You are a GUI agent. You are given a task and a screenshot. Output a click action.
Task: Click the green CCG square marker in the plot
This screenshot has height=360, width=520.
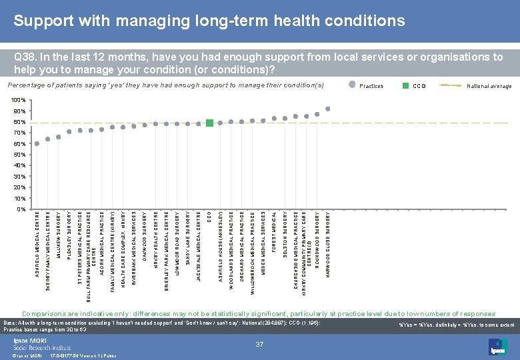[x=209, y=123]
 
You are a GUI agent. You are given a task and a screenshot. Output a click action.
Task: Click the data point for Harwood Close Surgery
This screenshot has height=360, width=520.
[x=327, y=109]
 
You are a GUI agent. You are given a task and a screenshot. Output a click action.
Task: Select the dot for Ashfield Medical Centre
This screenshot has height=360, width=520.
[x=37, y=143]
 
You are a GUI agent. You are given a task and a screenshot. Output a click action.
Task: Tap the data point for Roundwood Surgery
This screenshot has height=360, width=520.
[x=317, y=114]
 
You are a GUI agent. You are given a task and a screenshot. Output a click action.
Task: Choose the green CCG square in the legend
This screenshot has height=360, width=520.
[x=405, y=86]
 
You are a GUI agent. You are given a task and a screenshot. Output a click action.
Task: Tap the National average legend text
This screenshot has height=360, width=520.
[x=489, y=86]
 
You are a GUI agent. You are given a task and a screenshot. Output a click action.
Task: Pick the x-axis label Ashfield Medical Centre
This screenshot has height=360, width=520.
[x=37, y=247]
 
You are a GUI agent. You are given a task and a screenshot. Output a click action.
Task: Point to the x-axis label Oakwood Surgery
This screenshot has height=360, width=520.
[x=145, y=236]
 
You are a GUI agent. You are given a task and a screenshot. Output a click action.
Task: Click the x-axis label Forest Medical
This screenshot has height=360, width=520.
[x=274, y=233]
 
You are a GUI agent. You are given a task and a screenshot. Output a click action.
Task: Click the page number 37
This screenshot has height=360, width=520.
[x=261, y=343]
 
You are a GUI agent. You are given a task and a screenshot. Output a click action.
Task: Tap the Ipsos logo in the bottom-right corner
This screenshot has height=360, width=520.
[x=495, y=345]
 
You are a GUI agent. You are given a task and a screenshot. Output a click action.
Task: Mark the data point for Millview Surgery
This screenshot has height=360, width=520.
[x=59, y=137]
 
